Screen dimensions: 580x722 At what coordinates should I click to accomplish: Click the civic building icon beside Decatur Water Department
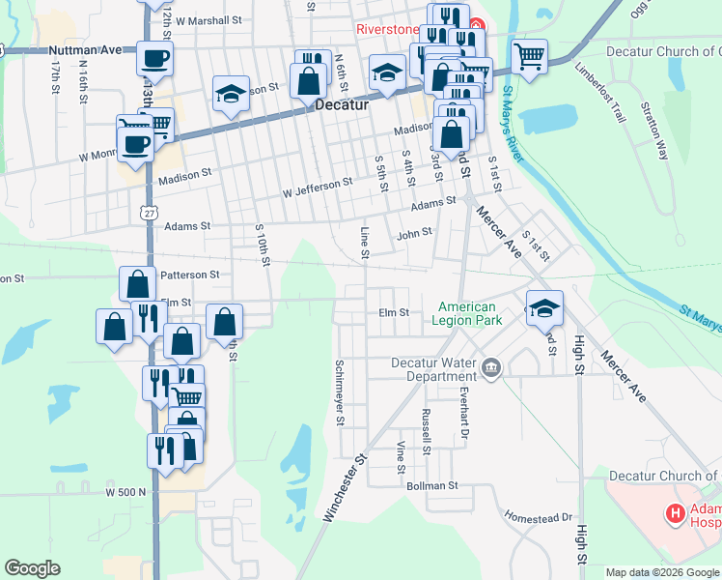click(x=492, y=367)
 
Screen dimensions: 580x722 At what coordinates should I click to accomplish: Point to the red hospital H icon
click(x=676, y=512)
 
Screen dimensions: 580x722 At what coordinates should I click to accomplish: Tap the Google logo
click(x=32, y=568)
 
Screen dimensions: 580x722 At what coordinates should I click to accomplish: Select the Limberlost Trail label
click(x=599, y=94)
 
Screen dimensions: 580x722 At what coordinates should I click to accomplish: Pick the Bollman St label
click(x=430, y=484)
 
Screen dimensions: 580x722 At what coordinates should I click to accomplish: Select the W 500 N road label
click(x=125, y=492)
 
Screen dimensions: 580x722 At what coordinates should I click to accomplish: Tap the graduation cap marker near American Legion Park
click(x=544, y=307)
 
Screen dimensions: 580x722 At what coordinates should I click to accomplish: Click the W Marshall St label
click(x=208, y=19)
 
